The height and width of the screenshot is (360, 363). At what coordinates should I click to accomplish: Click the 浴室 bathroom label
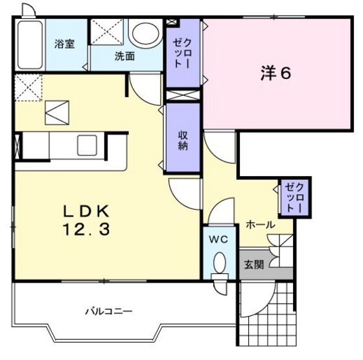[64, 44]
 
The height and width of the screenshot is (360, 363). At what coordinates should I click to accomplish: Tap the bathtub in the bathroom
[30, 45]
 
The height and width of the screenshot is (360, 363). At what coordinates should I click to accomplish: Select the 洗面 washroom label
[124, 56]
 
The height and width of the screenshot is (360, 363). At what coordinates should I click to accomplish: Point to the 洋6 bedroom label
[275, 73]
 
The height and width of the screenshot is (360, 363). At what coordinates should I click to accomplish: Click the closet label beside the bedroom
[181, 54]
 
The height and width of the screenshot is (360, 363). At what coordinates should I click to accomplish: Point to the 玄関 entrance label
[253, 264]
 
